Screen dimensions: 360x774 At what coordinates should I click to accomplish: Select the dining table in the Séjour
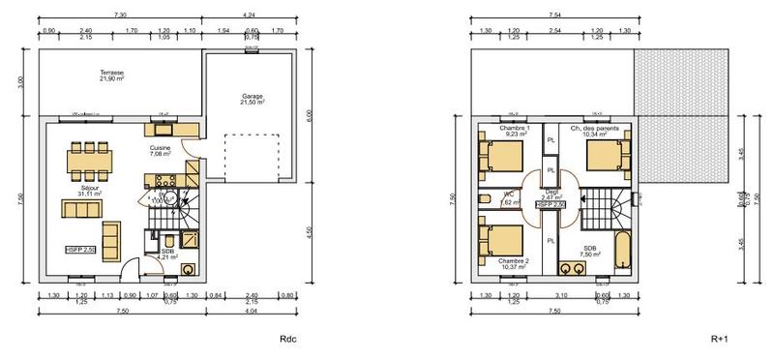click(x=88, y=162)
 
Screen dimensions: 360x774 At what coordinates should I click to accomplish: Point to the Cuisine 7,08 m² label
click(x=160, y=151)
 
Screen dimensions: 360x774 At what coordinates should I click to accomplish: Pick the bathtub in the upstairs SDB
click(x=622, y=250)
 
